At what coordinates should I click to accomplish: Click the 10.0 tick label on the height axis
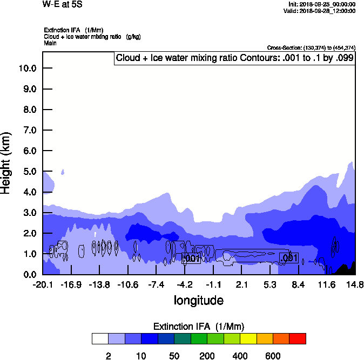tap(26, 69)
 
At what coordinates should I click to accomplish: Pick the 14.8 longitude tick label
tap(355, 284)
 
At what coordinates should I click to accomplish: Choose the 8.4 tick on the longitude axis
tap(298, 284)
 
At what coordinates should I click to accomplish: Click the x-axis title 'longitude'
tap(198, 300)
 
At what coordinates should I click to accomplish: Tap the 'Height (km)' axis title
tap(6, 162)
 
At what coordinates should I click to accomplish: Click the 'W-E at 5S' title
tap(63, 4)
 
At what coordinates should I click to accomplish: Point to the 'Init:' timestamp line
tap(322, 4)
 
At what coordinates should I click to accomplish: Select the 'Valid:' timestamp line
tap(321, 11)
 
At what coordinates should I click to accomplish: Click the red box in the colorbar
tap(298, 338)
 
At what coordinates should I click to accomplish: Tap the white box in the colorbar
tap(100, 338)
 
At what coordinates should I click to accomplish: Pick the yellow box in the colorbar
tap(248, 338)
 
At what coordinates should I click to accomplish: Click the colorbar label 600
tap(273, 356)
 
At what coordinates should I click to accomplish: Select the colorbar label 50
tap(174, 356)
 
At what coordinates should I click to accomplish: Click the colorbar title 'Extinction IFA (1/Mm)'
tap(199, 327)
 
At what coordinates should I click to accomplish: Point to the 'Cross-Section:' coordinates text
tap(311, 48)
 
